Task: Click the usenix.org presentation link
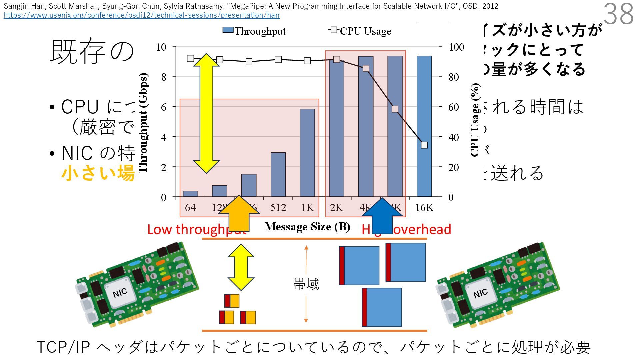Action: [141, 15]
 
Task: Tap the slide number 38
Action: [618, 14]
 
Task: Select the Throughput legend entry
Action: [254, 31]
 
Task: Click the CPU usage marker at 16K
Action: [424, 145]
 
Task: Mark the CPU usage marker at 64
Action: [190, 58]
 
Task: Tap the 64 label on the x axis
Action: [190, 208]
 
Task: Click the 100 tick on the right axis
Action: [456, 47]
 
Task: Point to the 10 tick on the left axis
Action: [161, 47]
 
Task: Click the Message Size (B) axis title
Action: [307, 227]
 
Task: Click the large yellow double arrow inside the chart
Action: [206, 113]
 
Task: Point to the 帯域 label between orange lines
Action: [306, 284]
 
